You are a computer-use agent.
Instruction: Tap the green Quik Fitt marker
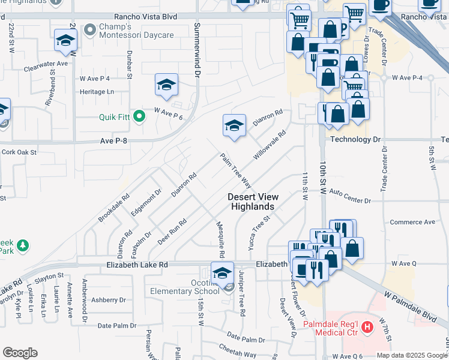(x=139, y=116)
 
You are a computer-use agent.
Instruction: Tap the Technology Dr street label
(x=355, y=139)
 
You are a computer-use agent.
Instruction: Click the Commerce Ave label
(x=412, y=222)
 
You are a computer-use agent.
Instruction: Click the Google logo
(x=20, y=353)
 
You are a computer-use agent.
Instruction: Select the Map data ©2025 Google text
(x=411, y=355)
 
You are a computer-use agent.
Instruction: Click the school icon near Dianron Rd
(x=234, y=125)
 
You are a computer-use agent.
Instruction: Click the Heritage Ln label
(x=97, y=92)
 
